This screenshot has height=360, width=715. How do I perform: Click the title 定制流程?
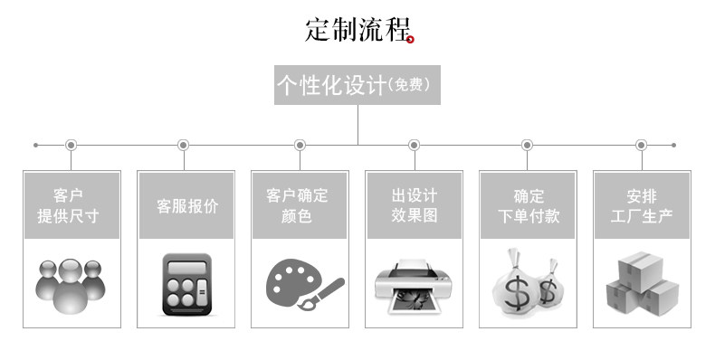coord(358,30)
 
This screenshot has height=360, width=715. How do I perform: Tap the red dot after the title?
coord(410,40)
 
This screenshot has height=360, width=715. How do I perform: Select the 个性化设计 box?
coord(357,85)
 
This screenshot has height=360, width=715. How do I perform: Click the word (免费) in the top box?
coord(409,84)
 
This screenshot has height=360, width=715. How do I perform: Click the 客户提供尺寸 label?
coord(68,205)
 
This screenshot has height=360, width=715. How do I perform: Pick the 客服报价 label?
coord(187,206)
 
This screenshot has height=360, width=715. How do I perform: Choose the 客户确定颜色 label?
coord(297,205)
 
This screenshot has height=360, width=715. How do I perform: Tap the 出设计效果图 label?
coord(414,205)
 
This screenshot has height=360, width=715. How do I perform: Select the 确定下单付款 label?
coord(529,205)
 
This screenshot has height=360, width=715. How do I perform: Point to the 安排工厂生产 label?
coord(642,205)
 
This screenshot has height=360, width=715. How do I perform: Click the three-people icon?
coord(71,286)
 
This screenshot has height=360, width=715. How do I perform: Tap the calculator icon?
coord(187,284)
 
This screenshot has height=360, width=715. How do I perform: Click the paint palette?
coord(291,282)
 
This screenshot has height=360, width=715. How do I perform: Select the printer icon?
coord(414,286)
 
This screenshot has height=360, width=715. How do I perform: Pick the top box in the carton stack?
coord(640,270)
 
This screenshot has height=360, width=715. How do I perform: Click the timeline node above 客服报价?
coord(184,146)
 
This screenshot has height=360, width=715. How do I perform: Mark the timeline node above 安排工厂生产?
coord(641,146)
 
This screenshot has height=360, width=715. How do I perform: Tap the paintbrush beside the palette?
coord(321,294)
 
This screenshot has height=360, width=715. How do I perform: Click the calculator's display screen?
coord(187,267)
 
